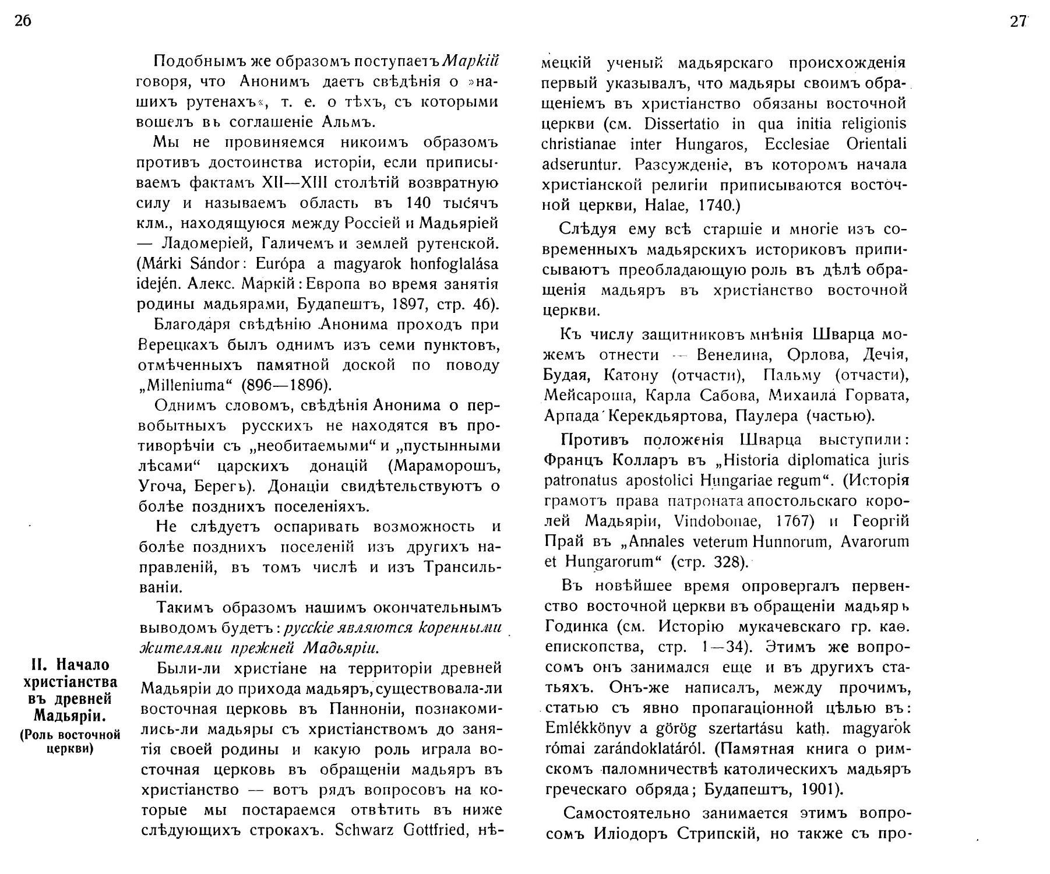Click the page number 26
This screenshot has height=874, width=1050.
click(x=21, y=22)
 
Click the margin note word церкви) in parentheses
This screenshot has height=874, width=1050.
click(x=70, y=748)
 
